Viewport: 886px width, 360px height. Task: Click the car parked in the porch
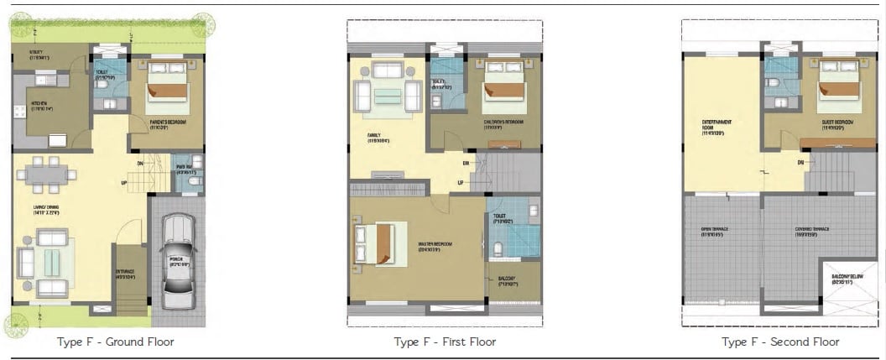(178, 260)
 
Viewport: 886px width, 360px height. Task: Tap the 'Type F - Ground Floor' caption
(116, 342)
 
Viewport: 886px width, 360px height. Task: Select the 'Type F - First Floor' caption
(445, 342)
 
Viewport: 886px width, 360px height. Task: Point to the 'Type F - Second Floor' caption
(780, 342)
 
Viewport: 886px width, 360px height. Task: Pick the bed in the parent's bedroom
(167, 86)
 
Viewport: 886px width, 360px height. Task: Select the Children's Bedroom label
(503, 123)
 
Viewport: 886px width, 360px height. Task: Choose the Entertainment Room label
(712, 128)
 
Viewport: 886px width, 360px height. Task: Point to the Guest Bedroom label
(838, 123)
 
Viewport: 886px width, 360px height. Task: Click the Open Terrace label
(716, 231)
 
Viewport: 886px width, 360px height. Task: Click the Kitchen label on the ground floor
(42, 107)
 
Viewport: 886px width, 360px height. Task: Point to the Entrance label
(125, 274)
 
